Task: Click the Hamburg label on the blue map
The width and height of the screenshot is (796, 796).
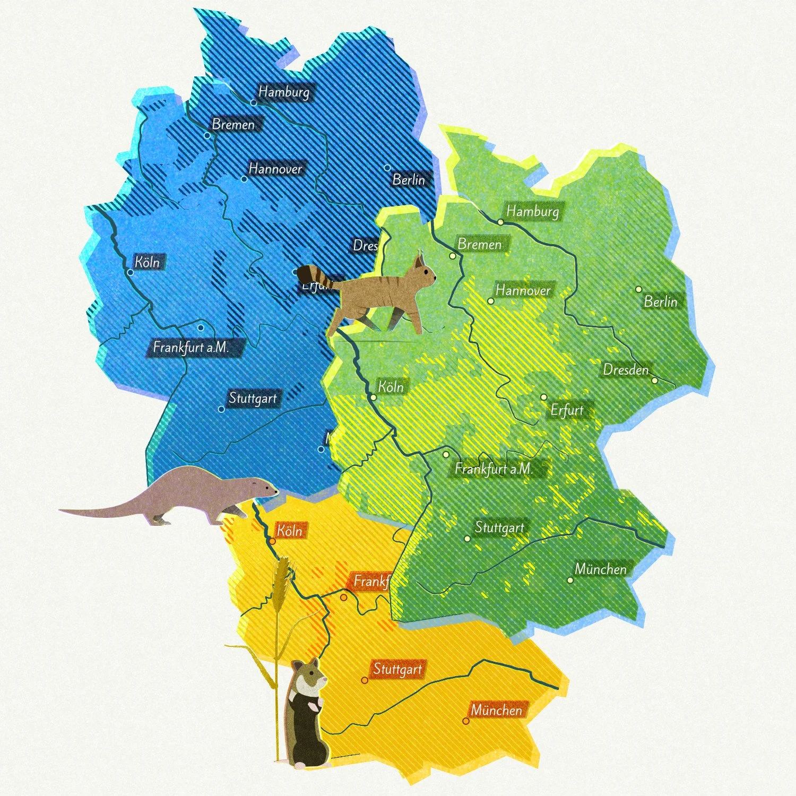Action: tap(284, 92)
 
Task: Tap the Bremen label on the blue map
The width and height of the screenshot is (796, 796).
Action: tap(233, 125)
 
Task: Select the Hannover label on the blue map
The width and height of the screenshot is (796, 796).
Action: tap(275, 169)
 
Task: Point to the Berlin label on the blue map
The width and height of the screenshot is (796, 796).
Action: tap(409, 180)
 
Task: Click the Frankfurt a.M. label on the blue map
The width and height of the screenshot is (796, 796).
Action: tap(191, 348)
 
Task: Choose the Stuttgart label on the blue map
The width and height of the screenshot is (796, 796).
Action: tap(253, 398)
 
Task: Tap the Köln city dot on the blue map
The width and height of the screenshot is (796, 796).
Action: tap(130, 272)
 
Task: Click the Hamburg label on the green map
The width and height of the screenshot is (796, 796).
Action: tap(533, 211)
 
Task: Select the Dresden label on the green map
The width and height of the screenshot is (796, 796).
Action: tap(626, 369)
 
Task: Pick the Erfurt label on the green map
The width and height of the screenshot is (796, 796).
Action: tap(567, 410)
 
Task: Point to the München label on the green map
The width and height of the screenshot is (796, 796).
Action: tap(601, 569)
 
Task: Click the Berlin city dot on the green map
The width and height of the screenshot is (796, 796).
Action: tap(639, 289)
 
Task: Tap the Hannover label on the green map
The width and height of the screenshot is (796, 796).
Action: tap(523, 290)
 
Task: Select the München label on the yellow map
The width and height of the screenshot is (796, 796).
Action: tap(497, 710)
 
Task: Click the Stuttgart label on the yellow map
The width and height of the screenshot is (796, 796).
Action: tap(397, 669)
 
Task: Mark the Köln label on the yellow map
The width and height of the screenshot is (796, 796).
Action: tap(290, 531)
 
